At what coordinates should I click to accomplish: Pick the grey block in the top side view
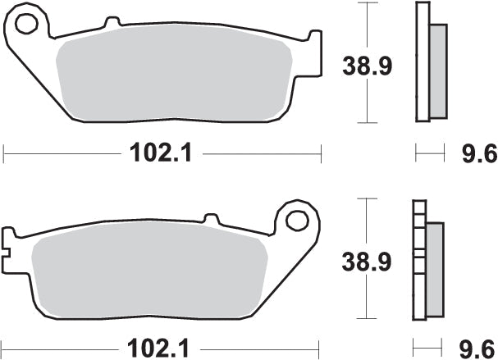[x=438, y=69]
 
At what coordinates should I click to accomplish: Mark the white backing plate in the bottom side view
[x=420, y=262]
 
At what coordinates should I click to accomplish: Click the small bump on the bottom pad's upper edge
[x=210, y=219]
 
